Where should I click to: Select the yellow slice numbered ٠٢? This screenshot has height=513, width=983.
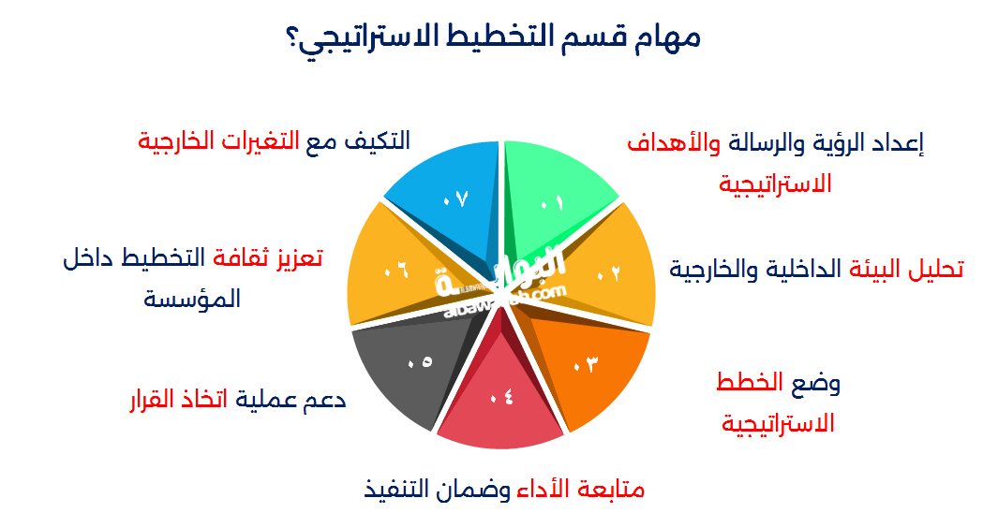coord(602,270)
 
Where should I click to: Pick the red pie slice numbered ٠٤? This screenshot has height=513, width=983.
coord(500,401)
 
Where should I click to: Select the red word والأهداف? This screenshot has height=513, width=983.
coord(674,144)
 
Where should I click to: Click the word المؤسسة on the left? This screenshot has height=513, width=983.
coord(192,298)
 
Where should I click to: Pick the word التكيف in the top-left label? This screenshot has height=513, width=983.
coord(376,140)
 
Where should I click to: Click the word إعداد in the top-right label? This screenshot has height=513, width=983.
coord(900,144)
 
